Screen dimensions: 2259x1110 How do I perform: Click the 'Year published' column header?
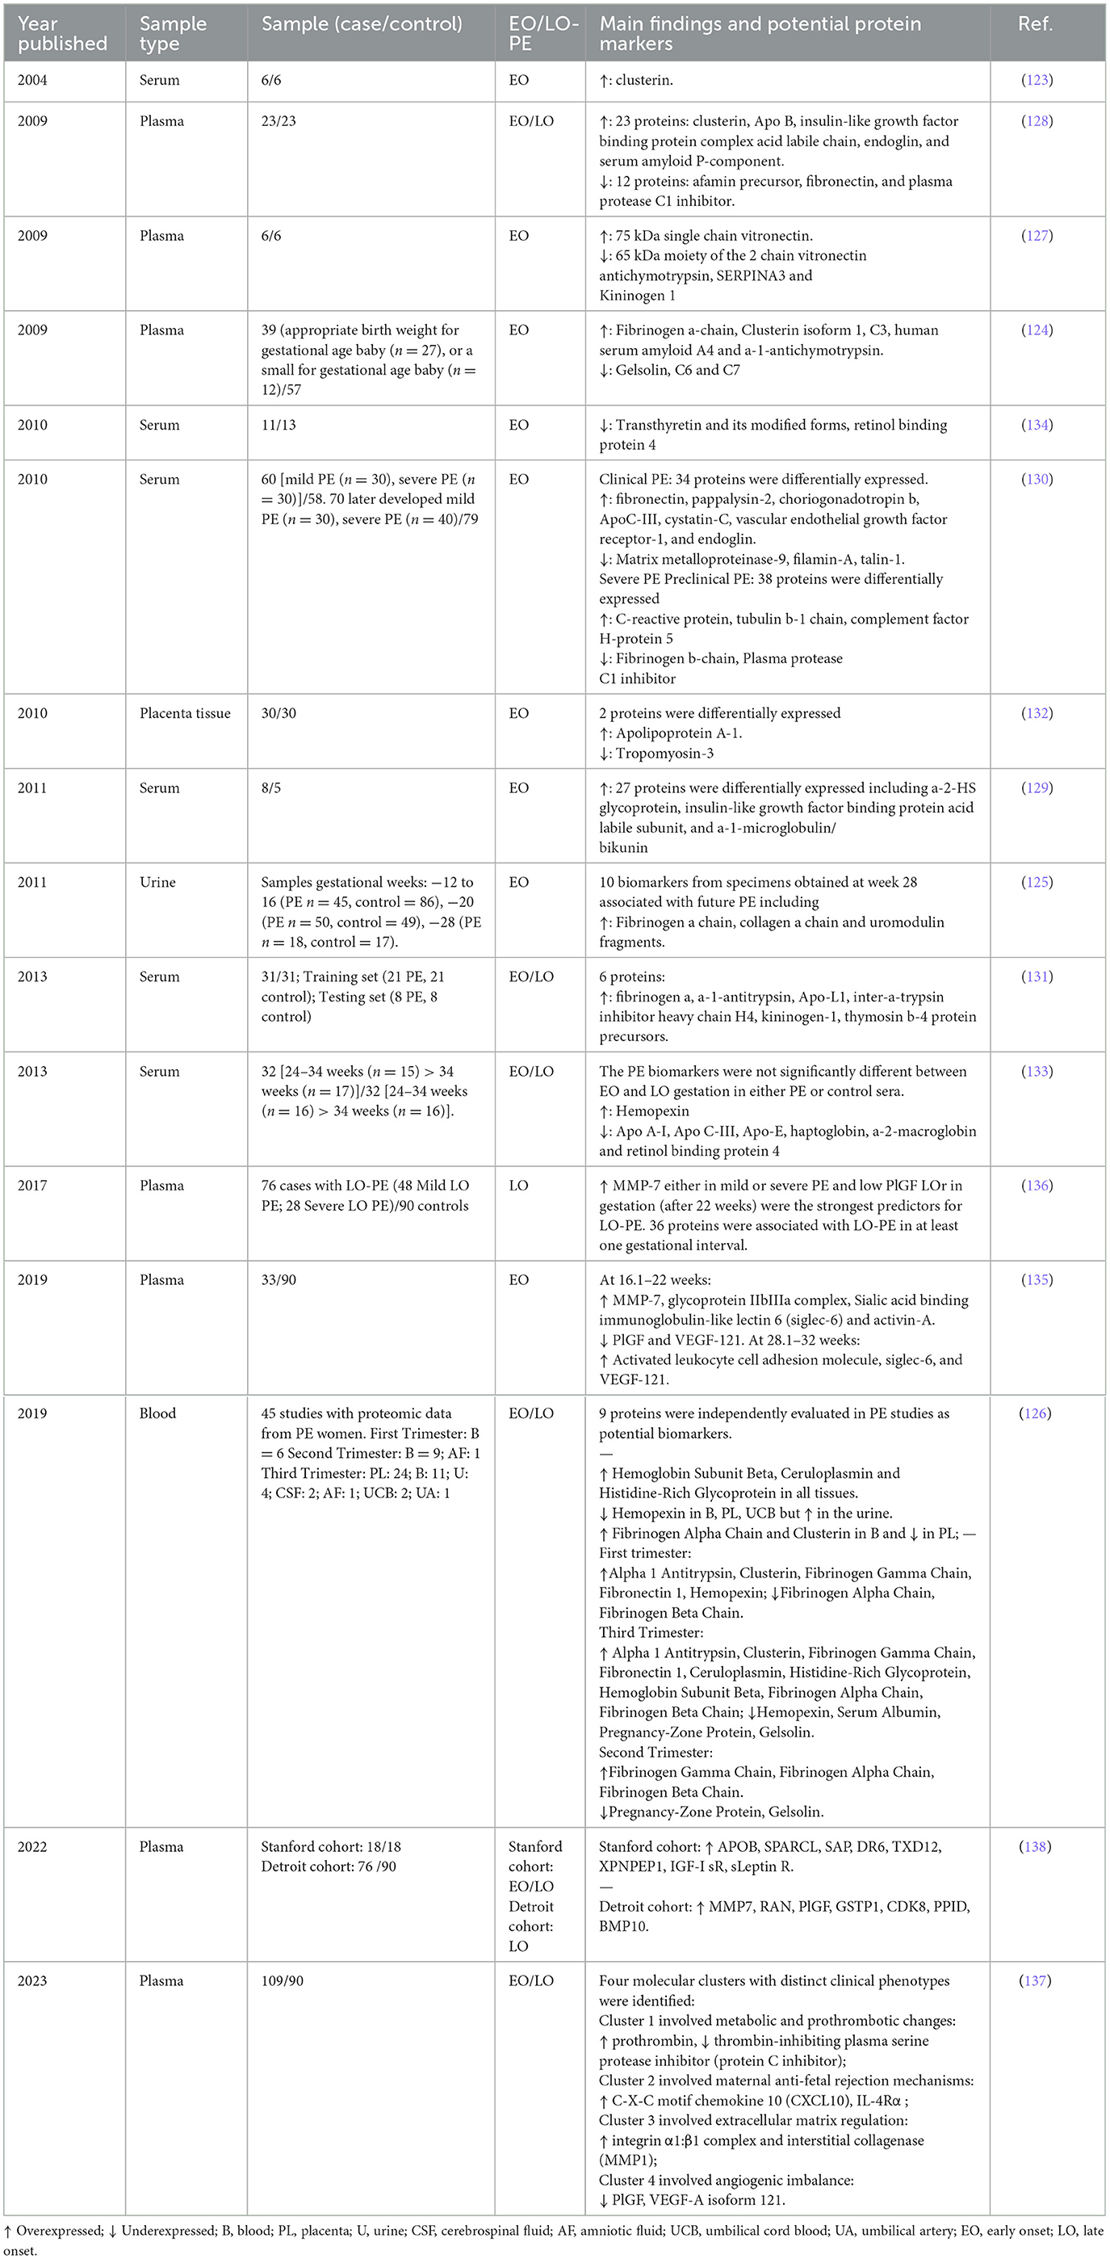[x=61, y=33]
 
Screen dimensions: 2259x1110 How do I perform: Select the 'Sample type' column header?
[x=173, y=33]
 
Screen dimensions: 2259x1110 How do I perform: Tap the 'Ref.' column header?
[x=1036, y=23]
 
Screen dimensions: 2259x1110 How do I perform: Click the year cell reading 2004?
[x=32, y=80]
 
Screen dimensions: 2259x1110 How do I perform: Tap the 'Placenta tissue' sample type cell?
[x=185, y=713]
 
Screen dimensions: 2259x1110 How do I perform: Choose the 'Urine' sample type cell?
[x=157, y=882]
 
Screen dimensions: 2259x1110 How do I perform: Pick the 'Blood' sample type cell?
[x=157, y=1413]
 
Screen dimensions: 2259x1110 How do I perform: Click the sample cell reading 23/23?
[x=279, y=121]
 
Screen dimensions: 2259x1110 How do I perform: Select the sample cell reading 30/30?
[x=279, y=713]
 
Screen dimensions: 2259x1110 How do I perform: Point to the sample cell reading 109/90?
[x=283, y=1980]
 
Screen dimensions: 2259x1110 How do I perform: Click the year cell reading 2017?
[x=32, y=1186]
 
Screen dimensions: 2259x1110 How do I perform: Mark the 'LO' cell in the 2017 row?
[x=519, y=1186]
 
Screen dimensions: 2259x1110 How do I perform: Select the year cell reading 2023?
[x=32, y=1980]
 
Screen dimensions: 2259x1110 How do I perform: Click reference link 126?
[x=1037, y=1413]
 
